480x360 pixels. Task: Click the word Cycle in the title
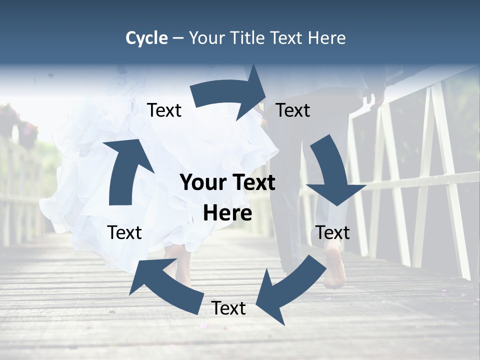click(146, 38)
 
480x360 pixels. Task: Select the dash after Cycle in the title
click(178, 38)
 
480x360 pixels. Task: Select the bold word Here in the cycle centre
click(227, 213)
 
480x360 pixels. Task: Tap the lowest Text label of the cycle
click(228, 308)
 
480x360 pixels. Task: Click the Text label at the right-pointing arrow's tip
click(293, 110)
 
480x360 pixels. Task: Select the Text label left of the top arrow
click(164, 110)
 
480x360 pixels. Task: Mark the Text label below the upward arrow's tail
click(124, 233)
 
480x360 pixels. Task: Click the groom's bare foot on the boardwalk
click(334, 270)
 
